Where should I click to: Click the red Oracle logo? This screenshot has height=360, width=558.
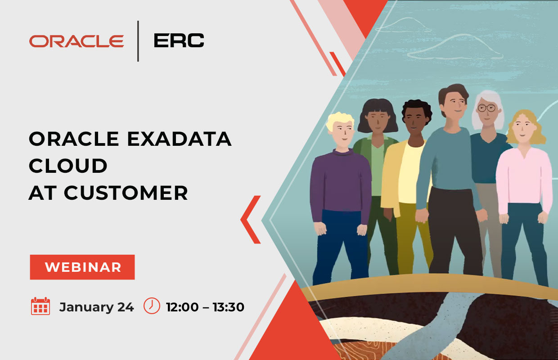(76, 41)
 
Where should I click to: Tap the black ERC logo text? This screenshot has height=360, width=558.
(179, 40)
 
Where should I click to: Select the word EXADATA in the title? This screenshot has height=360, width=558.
(180, 139)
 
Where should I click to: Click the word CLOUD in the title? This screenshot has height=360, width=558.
(68, 166)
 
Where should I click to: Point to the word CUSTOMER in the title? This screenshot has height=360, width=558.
(126, 193)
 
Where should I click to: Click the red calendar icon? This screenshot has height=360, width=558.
(40, 306)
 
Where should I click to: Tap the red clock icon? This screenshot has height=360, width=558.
(152, 306)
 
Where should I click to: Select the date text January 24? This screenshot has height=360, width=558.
(96, 307)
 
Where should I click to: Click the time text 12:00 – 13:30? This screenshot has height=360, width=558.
(205, 307)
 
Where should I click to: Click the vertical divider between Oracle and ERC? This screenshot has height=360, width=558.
(138, 41)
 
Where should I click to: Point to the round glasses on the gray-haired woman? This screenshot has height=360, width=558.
(486, 108)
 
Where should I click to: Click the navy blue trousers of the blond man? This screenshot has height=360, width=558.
(340, 247)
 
